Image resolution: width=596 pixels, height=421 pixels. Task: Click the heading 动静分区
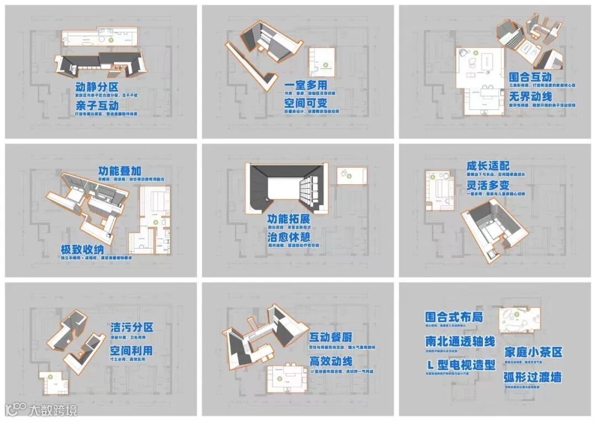click(x=97, y=88)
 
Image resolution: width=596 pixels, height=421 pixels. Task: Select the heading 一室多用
click(x=306, y=85)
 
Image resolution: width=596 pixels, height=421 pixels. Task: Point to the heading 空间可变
click(x=306, y=103)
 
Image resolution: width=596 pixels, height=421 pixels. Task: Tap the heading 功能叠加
click(x=119, y=171)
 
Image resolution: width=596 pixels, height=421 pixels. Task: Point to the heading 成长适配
click(x=488, y=166)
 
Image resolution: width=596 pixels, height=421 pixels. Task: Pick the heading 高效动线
click(x=330, y=361)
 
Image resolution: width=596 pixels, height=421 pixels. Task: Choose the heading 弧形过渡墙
click(x=533, y=377)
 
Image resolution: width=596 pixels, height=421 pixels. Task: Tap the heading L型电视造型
click(x=460, y=365)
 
